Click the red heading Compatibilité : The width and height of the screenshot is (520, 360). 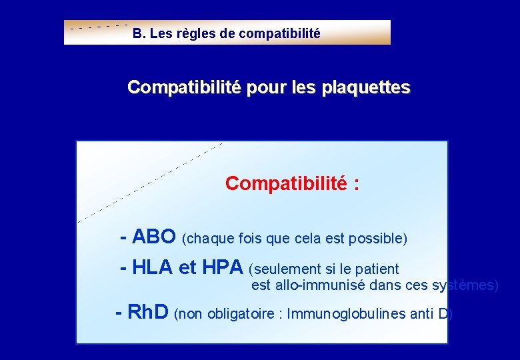(292, 183)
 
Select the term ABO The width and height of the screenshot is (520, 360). (154, 237)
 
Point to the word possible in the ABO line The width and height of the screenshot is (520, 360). (379, 239)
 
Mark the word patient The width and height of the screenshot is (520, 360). (377, 269)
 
